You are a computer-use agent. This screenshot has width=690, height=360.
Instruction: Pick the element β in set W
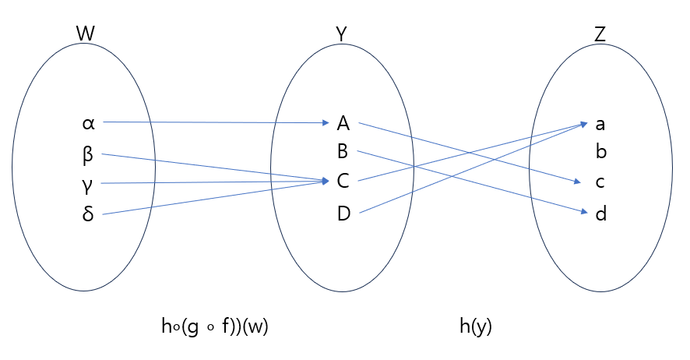tap(87, 154)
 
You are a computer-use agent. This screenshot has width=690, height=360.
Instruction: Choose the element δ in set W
tap(87, 214)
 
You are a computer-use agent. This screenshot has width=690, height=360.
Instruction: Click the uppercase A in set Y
tap(343, 122)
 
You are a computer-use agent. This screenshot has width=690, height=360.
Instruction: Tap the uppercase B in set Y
tap(343, 152)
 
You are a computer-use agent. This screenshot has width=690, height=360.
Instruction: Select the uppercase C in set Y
tap(343, 182)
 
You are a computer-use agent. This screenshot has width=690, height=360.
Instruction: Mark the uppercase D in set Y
tap(343, 213)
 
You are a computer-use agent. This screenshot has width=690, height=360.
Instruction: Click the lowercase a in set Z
tap(600, 123)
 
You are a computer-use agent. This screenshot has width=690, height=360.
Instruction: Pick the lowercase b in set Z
tap(600, 152)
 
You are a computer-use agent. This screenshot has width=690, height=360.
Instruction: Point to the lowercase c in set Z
tap(600, 182)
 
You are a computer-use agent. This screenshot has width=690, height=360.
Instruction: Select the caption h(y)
tap(476, 327)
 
